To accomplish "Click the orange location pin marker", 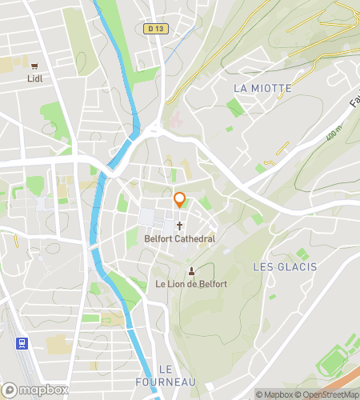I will (x=180, y=200).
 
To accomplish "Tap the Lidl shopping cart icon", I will (x=34, y=66).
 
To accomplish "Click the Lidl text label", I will (x=34, y=78).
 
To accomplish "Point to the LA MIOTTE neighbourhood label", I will (x=262, y=86).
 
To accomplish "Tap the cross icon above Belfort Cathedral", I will (x=180, y=226).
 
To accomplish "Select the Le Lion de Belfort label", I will (x=191, y=284).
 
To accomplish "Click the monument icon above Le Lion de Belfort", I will (x=191, y=271).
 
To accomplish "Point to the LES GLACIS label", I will (x=284, y=266).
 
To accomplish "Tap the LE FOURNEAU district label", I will (x=178, y=375).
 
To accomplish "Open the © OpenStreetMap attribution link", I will (x=327, y=394).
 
